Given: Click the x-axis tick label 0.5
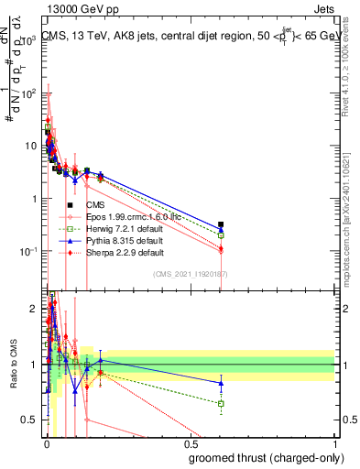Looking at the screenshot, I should [x=191, y=445].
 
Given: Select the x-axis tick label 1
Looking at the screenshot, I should [x=334, y=445].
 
